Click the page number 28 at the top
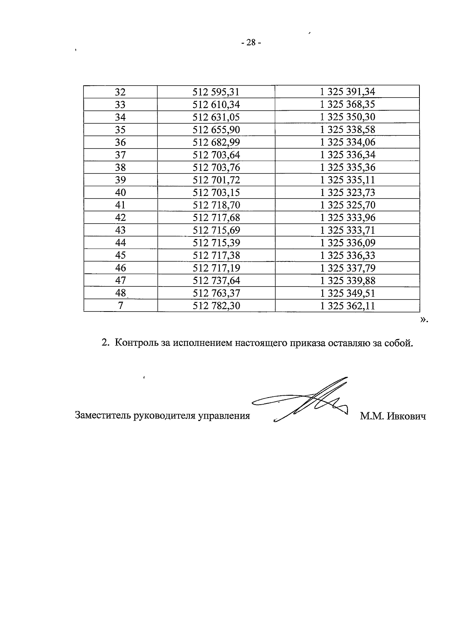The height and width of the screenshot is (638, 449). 251,43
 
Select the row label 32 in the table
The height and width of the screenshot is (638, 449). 120,92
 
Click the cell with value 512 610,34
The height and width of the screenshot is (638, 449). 216,104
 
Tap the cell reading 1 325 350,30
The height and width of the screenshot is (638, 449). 347,117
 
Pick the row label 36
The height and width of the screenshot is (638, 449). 120,142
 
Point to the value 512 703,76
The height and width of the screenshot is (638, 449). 216,167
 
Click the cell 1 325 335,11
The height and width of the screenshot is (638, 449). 347,180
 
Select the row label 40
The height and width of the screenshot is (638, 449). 120,192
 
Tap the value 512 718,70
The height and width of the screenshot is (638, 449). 216,205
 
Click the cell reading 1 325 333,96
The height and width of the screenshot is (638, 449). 347,218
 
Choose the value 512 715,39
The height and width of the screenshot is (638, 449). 216,243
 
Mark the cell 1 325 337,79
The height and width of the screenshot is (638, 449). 347,268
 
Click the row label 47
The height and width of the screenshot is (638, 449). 120,280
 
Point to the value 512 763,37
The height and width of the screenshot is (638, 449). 216,293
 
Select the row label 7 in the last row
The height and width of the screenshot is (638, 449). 120,306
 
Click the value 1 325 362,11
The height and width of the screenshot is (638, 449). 347,306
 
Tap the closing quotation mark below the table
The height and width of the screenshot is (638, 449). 423,320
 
